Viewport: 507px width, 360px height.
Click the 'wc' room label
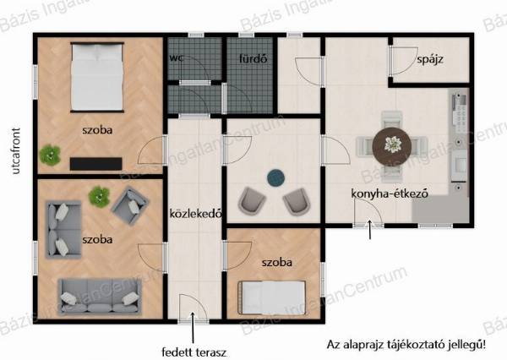(x=177, y=58)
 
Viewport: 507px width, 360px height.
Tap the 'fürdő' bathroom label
(x=253, y=58)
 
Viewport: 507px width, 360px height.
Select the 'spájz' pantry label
(x=430, y=59)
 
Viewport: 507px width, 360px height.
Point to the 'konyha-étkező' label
(x=390, y=194)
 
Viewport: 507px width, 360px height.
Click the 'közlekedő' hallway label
(x=196, y=214)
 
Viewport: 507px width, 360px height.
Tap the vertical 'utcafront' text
(x=15, y=151)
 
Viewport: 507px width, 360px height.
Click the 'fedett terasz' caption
(x=194, y=352)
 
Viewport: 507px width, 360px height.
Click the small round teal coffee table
(x=275, y=178)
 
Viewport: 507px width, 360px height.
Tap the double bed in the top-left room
(x=97, y=77)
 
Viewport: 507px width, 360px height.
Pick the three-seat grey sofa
(x=100, y=297)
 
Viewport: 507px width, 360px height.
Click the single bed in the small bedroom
(x=271, y=297)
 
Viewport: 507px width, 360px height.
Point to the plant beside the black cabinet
(x=50, y=155)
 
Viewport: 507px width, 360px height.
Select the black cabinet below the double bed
(x=96, y=164)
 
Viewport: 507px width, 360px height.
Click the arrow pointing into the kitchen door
(x=370, y=230)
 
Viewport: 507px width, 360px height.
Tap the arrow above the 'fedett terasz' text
(x=193, y=327)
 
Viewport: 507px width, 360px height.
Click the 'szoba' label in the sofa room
(x=97, y=240)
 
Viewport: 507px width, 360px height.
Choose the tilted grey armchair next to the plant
(x=130, y=205)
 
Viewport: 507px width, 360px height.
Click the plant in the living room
(x=99, y=197)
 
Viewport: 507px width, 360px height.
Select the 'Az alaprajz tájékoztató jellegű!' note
(x=406, y=344)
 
